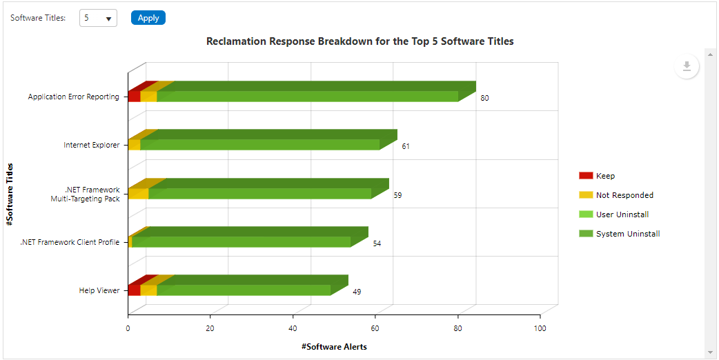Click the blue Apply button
click(148, 18)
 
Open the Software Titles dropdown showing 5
click(98, 19)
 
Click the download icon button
click(687, 66)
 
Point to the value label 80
click(484, 98)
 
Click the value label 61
click(406, 146)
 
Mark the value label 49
click(357, 292)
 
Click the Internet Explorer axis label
click(91, 146)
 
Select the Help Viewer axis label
click(99, 290)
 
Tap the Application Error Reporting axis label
click(73, 97)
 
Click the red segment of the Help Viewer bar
click(134, 290)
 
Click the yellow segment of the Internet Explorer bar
click(134, 145)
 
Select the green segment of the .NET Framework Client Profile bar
click(242, 241)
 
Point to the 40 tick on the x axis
click(293, 328)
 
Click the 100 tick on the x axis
click(540, 328)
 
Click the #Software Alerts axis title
click(334, 347)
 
